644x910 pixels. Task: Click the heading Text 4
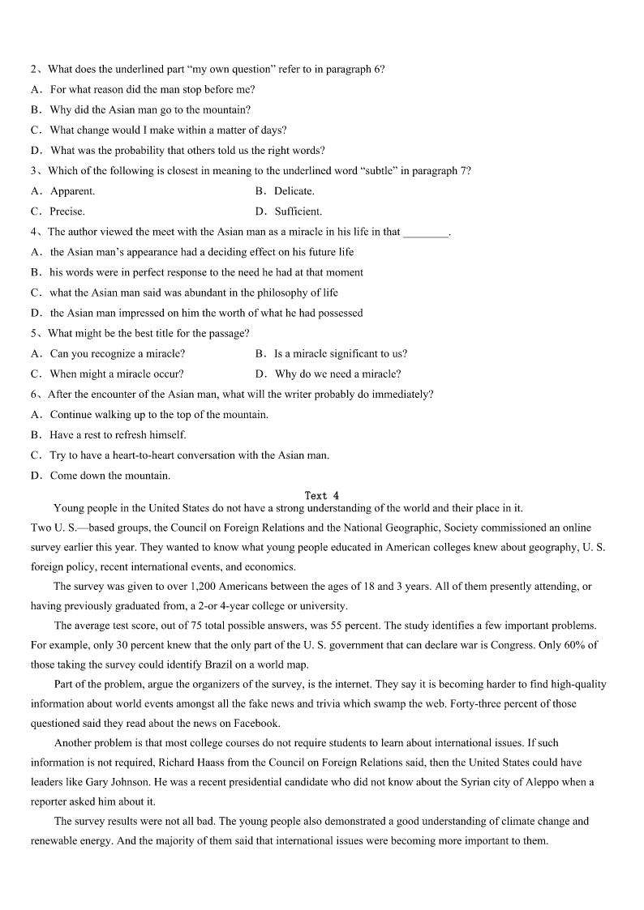click(x=321, y=495)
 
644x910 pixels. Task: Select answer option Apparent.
click(x=72, y=191)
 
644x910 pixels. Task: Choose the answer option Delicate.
click(x=294, y=191)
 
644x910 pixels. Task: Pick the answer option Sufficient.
click(x=298, y=211)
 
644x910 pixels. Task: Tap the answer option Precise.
click(x=67, y=211)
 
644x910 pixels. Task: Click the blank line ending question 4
click(x=426, y=233)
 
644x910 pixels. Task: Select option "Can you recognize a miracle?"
click(x=117, y=353)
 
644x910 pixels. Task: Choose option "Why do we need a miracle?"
click(x=337, y=374)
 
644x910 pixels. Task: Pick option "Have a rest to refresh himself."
click(x=118, y=434)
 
